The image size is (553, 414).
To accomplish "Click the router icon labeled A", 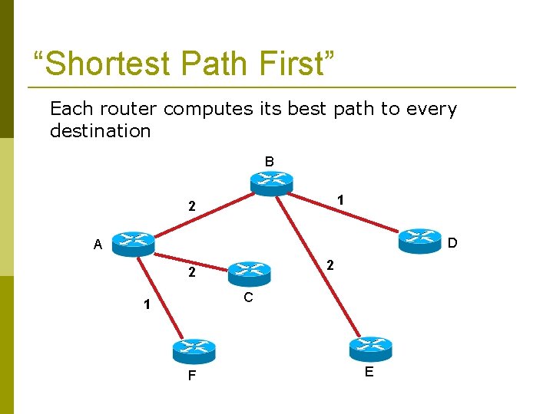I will [x=133, y=243].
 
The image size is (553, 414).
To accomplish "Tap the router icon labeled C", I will [x=249, y=270].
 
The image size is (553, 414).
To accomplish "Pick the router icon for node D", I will [x=420, y=239].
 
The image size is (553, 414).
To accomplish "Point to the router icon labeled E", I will [x=370, y=348].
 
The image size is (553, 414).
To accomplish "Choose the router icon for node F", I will [x=194, y=350].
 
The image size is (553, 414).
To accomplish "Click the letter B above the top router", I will [x=269, y=162].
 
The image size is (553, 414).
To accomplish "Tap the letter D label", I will [x=452, y=243].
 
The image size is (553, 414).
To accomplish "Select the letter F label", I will [x=191, y=376].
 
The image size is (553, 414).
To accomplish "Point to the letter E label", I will [x=369, y=373].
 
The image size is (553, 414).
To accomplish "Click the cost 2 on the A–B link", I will [x=193, y=206].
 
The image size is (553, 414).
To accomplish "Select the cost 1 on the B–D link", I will [x=339, y=199].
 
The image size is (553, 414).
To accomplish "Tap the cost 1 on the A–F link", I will [x=145, y=304].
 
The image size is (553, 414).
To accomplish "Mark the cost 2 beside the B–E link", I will [x=329, y=265].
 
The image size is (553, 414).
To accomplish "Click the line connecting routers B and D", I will [x=346, y=212].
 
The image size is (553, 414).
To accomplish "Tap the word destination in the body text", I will [x=100, y=131].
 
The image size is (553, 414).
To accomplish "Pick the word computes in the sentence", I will [x=208, y=109].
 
